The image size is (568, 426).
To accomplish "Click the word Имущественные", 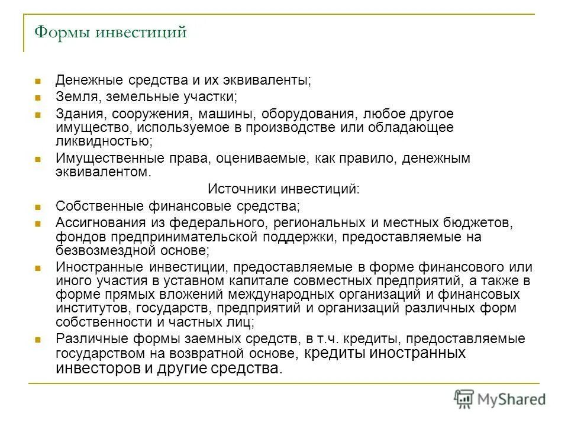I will tap(106, 159).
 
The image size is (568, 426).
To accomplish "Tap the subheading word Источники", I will tap(235, 189).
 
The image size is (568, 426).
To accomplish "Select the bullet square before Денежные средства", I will tap(37, 80).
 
